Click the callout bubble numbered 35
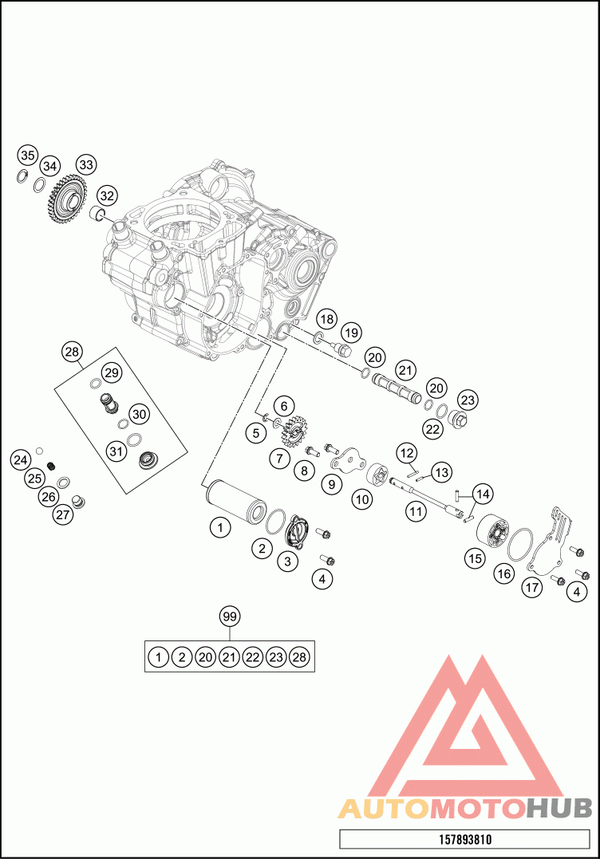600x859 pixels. click(28, 156)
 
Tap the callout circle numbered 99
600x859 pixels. click(230, 617)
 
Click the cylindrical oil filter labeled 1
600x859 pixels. click(235, 500)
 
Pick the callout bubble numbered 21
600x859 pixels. click(405, 371)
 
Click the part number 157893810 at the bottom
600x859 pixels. click(464, 839)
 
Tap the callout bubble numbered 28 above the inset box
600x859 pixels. click(73, 352)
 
